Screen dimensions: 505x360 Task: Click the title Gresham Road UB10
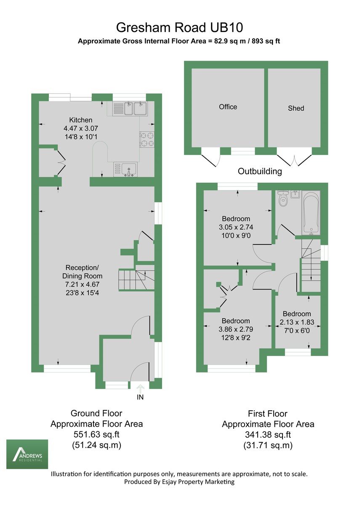[180, 27]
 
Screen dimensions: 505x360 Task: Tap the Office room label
[228, 107]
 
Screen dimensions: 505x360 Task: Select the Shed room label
[296, 108]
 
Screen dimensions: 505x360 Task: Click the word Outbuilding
[260, 172]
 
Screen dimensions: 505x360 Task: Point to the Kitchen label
[80, 120]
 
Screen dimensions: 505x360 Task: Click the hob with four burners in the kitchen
[147, 140]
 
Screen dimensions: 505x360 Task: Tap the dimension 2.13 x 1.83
[297, 322]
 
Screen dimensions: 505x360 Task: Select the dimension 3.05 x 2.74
[236, 227]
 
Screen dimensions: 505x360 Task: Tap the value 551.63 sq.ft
[96, 435]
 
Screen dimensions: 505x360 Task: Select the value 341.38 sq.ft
[268, 435]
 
